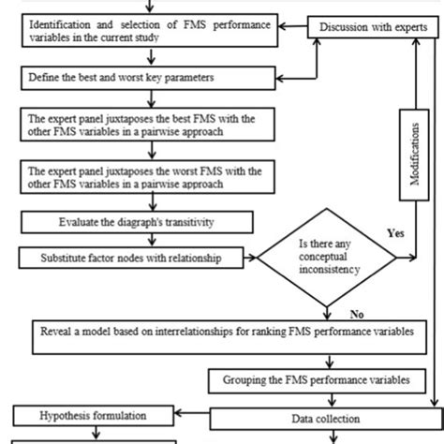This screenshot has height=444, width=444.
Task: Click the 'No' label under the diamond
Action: (356, 314)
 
